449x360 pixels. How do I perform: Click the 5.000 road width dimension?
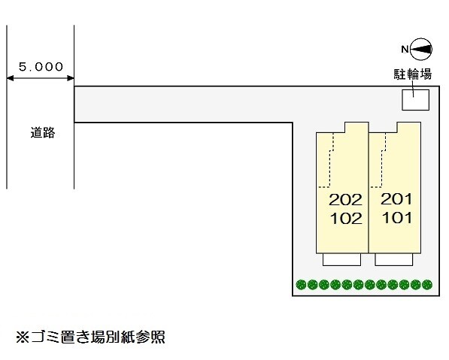pyautogui.click(x=41, y=66)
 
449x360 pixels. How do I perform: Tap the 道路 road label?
pyautogui.click(x=43, y=133)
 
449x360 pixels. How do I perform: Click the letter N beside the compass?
pyautogui.click(x=404, y=50)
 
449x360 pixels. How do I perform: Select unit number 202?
pyautogui.click(x=346, y=200)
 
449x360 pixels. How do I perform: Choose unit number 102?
pyautogui.click(x=346, y=219)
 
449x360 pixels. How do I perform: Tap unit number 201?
pyautogui.click(x=397, y=200)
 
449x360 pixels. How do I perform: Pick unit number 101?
pyautogui.click(x=397, y=219)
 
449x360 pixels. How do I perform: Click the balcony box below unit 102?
pyautogui.click(x=341, y=260)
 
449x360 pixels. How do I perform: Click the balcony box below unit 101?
pyautogui.click(x=394, y=260)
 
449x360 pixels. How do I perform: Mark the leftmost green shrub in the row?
pyautogui.click(x=302, y=285)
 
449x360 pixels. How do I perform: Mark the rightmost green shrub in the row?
pyautogui.click(x=428, y=285)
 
